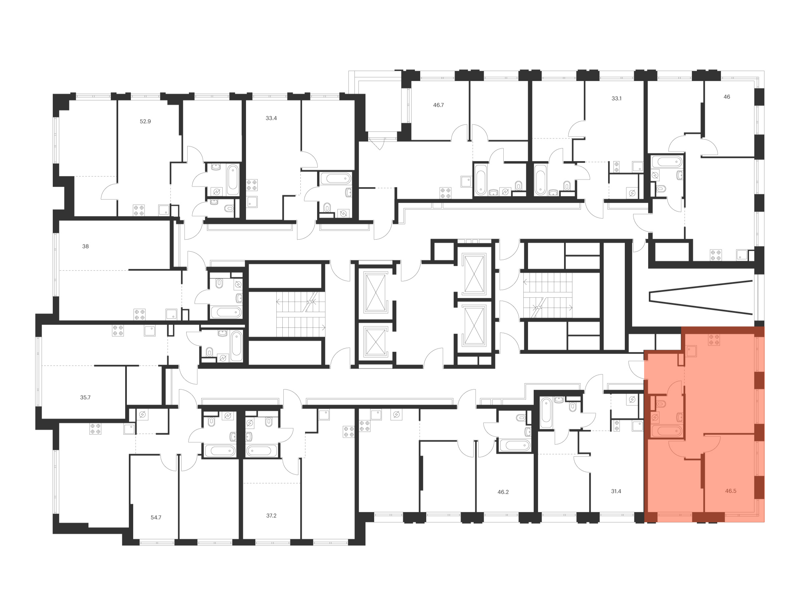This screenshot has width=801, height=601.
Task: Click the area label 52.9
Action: point(145,121)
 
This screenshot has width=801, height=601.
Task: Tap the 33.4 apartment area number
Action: point(271,118)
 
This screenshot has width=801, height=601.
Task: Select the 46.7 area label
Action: point(438,105)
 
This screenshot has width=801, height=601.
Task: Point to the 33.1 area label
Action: point(616,98)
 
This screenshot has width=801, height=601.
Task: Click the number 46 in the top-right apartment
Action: point(727,97)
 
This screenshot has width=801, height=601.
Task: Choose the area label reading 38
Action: point(85,246)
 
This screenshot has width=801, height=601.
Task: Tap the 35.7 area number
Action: point(85,397)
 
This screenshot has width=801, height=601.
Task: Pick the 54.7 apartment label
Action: point(156,518)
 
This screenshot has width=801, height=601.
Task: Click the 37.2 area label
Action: point(271,516)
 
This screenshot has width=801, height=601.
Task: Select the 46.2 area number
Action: point(503,492)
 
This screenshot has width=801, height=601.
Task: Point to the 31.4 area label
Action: point(616,491)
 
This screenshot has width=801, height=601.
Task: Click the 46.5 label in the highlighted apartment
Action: point(731,491)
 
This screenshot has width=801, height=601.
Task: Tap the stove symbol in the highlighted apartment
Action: point(714,340)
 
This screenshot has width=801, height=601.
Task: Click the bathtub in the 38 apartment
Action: point(226,312)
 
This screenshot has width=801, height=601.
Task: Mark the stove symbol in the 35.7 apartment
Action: point(118,331)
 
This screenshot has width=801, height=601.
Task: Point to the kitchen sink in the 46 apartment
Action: point(742,255)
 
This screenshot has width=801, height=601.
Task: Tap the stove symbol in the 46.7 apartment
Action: point(446,193)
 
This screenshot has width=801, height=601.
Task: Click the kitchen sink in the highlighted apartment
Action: point(691,351)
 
